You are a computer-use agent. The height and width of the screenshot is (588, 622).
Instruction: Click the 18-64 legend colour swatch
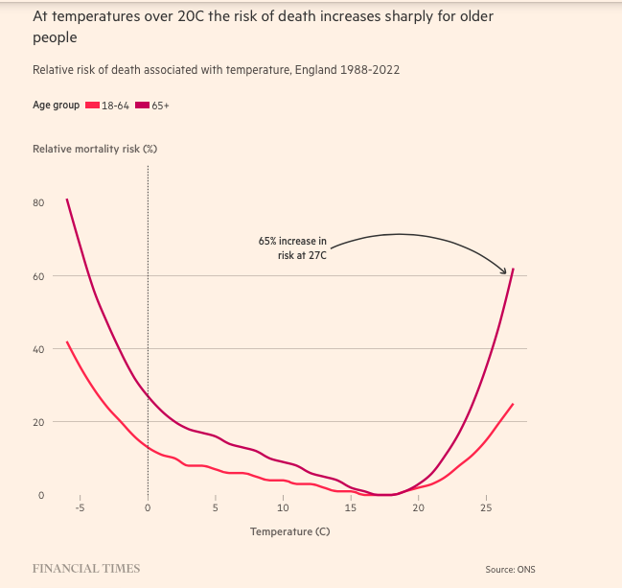tap(93, 105)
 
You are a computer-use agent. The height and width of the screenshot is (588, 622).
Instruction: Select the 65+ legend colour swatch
tap(143, 105)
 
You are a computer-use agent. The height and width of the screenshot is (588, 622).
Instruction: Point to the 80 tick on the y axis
tap(39, 203)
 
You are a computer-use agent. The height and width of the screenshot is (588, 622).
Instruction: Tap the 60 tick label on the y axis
tap(39, 276)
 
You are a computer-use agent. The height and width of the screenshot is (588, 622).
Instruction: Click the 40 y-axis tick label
tap(39, 349)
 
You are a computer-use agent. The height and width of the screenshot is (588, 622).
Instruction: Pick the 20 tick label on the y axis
tap(39, 422)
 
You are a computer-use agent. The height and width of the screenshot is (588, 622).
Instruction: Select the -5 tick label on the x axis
tap(81, 508)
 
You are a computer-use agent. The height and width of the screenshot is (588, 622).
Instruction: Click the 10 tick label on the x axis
tap(284, 508)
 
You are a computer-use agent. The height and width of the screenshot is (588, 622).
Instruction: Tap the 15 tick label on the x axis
tap(351, 508)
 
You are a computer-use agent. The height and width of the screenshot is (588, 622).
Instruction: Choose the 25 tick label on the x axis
tap(486, 508)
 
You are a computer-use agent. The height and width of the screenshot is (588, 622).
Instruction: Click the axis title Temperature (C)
tap(289, 531)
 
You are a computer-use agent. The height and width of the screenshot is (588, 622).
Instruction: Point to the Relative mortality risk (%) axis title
tap(95, 149)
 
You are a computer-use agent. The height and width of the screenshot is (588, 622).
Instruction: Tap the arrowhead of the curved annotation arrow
tap(505, 271)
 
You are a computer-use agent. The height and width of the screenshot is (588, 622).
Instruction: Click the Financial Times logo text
tap(86, 568)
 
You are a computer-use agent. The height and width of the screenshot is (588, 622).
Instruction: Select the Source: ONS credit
tap(510, 569)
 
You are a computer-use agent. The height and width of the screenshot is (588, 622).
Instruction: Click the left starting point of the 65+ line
tap(67, 200)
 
